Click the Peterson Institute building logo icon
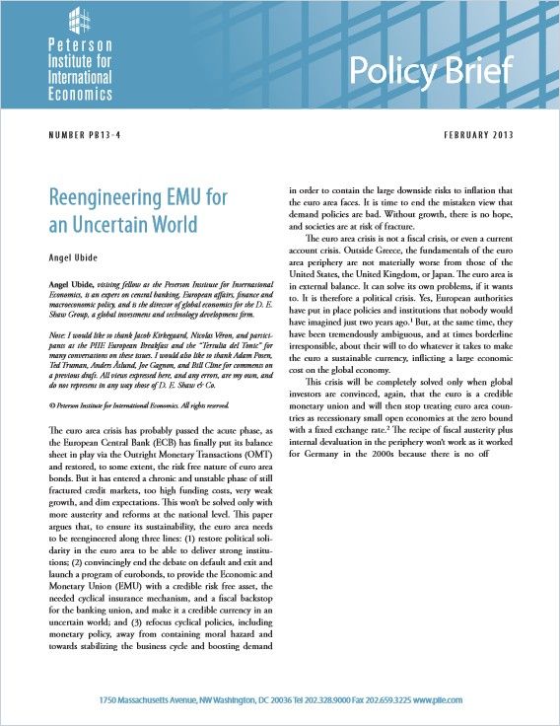click(x=82, y=22)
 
